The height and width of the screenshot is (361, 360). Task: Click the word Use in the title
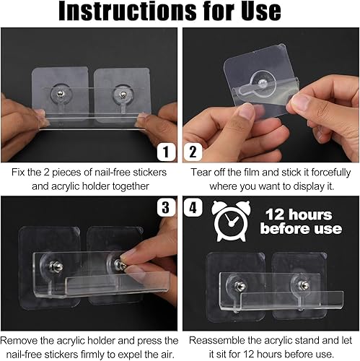(x=261, y=11)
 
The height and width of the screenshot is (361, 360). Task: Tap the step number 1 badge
(x=166, y=152)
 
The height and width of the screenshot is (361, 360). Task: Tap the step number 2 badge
(x=193, y=152)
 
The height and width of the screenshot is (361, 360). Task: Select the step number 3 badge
(x=166, y=207)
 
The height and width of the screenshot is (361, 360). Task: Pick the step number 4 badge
(x=193, y=207)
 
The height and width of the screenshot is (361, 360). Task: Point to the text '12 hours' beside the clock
(x=299, y=214)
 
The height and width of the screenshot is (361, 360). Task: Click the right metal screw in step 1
(x=123, y=94)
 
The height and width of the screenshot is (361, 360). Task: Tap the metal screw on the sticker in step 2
(x=263, y=83)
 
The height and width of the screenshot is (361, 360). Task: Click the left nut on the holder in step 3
(x=56, y=266)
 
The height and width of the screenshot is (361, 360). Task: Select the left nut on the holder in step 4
(x=240, y=286)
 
